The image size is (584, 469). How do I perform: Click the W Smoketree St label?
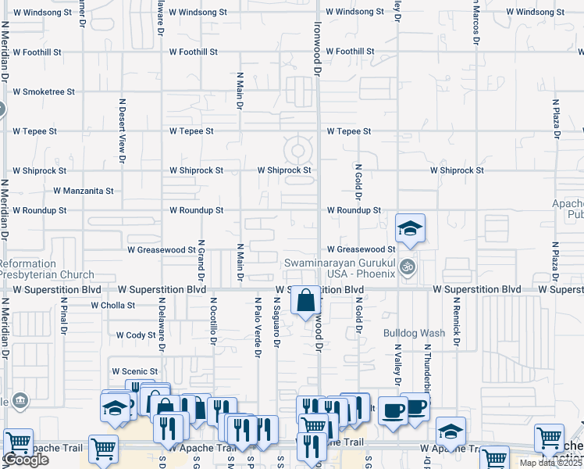coord(43,91)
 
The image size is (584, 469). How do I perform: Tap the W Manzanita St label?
coord(84,191)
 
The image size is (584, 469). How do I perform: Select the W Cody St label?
coord(136,335)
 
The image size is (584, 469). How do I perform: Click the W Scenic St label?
coord(135,371)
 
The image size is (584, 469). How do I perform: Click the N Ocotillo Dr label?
coord(212,321)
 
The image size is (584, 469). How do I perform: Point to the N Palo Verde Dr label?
coord(257,328)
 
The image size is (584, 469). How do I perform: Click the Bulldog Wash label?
coord(414,333)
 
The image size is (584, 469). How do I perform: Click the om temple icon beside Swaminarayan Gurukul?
coord(406,268)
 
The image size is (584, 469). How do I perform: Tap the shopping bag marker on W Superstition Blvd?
coord(306,299)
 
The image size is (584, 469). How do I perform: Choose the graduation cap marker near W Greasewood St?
coord(410,228)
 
